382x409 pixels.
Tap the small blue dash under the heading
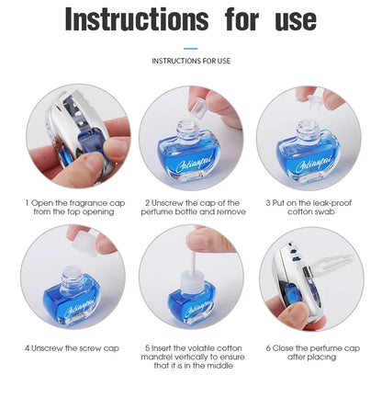coord(191,49)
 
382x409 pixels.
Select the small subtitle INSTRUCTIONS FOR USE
coord(191,62)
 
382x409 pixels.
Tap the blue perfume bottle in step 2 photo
coord(191,155)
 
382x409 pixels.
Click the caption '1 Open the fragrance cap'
coord(73,202)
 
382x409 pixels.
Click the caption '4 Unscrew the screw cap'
coord(73,348)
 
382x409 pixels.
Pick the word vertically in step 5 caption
coord(193,358)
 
